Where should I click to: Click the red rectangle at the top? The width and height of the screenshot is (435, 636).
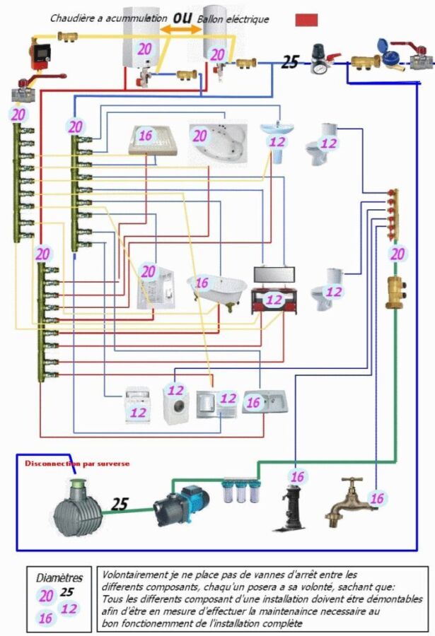pos(306,20)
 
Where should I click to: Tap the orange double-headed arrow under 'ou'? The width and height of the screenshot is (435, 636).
pos(180,29)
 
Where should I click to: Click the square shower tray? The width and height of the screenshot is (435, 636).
pos(153,140)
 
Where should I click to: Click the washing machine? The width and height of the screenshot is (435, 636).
pos(176,404)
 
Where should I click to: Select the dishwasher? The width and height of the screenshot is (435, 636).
pos(137,405)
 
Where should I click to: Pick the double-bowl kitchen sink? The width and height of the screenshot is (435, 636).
pos(265,401)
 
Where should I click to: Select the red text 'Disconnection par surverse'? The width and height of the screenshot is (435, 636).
pos(77,463)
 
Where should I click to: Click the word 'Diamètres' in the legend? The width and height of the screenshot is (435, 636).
pos(59,577)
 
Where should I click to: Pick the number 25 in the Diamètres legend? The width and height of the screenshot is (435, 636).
pos(67,591)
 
